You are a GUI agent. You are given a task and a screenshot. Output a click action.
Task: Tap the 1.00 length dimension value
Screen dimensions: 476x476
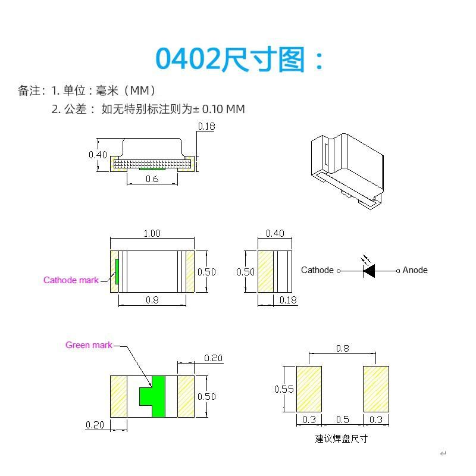pyautogui.click(x=152, y=233)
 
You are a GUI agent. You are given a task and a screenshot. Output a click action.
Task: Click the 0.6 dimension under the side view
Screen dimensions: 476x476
pyautogui.click(x=152, y=179)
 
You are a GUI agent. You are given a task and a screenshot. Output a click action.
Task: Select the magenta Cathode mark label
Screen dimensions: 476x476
pyautogui.click(x=71, y=280)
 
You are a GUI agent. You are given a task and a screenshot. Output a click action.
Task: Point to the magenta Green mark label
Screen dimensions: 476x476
pyautogui.click(x=89, y=345)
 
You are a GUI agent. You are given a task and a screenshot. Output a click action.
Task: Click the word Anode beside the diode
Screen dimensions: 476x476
pyautogui.click(x=415, y=270)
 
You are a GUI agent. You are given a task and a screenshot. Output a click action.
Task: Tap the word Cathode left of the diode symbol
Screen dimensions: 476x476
pyautogui.click(x=317, y=270)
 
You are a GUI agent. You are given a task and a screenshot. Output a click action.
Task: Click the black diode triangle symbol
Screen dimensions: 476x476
pyautogui.click(x=369, y=271)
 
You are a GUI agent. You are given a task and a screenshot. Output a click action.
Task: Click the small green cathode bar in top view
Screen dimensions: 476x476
pyautogui.click(x=117, y=271)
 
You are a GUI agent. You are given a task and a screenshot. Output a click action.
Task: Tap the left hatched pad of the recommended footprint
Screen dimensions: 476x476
pyautogui.click(x=309, y=389)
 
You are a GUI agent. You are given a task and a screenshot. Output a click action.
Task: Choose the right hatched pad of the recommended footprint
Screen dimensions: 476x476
pyautogui.click(x=376, y=389)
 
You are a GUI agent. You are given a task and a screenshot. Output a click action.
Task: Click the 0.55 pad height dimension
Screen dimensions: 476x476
pyautogui.click(x=284, y=390)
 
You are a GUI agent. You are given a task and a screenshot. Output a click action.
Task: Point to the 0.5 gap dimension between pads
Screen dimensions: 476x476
pyautogui.click(x=342, y=420)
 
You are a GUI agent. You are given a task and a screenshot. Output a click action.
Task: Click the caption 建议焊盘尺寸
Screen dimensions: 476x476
pyautogui.click(x=342, y=439)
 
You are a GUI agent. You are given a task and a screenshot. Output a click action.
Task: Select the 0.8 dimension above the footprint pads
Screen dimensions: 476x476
pyautogui.click(x=342, y=349)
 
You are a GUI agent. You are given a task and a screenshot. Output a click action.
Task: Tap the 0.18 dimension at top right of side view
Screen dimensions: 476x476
pyautogui.click(x=206, y=126)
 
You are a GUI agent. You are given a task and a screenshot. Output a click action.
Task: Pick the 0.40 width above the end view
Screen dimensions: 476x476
pyautogui.click(x=275, y=233)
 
